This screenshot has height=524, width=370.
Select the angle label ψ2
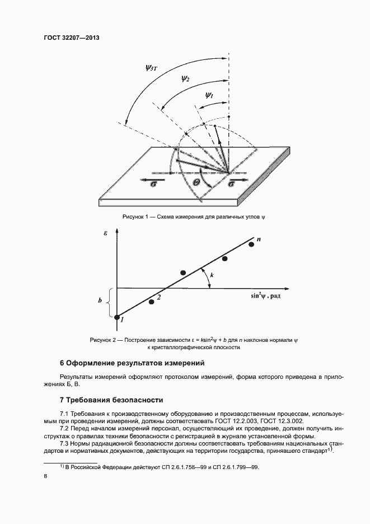tap(185, 79)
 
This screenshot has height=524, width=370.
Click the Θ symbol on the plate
tap(196, 182)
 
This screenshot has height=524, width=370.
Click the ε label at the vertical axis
tap(105, 233)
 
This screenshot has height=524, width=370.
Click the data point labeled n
tap(251, 244)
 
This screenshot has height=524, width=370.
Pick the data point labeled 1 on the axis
tap(117, 318)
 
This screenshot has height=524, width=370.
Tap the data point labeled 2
tap(151, 302)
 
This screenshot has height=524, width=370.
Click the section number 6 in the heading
tap(62, 363)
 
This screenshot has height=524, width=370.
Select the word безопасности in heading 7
tap(138, 400)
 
